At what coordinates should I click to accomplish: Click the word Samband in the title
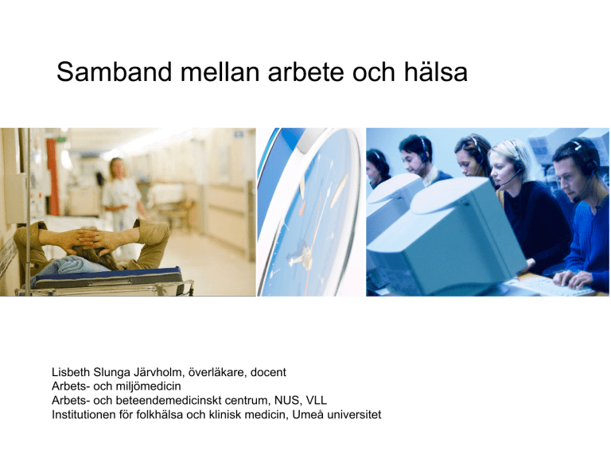(x=115, y=72)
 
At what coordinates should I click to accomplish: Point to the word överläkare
(x=217, y=372)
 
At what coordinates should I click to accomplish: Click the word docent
(x=268, y=372)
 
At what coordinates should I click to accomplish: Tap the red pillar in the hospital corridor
(x=53, y=177)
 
